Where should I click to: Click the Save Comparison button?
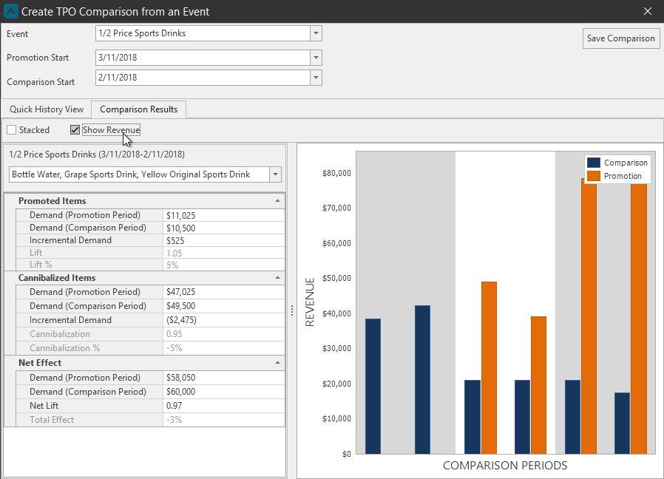click(621, 38)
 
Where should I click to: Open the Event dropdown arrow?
click(316, 33)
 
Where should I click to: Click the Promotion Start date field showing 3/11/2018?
click(203, 58)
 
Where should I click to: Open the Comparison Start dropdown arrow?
click(316, 78)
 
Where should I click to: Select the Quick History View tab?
click(47, 109)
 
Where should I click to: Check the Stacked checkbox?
click(11, 130)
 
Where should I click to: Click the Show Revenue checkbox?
click(75, 130)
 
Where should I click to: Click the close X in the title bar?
click(648, 11)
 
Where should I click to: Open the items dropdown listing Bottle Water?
click(275, 174)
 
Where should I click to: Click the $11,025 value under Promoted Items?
click(181, 216)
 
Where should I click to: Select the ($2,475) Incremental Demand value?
click(181, 320)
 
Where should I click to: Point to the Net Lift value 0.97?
click(174, 406)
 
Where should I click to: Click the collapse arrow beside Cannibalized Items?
click(277, 278)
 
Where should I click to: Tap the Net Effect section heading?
click(40, 363)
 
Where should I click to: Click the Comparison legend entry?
click(617, 163)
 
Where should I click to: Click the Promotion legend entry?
click(614, 176)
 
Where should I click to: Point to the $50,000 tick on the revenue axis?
click(336, 278)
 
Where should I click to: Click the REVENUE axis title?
click(310, 302)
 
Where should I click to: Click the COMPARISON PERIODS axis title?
click(505, 466)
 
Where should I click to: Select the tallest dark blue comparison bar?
click(423, 379)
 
